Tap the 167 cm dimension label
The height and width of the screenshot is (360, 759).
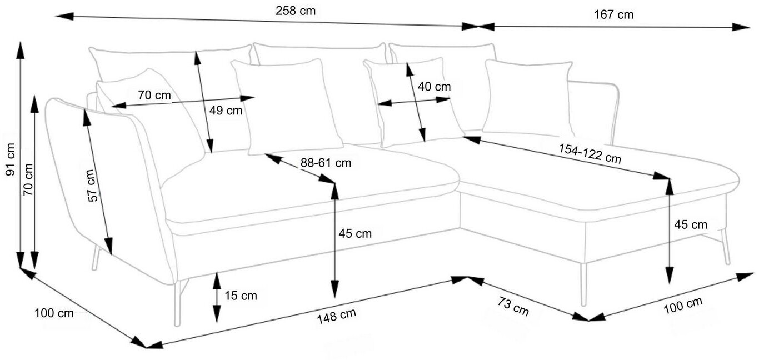pyautogui.click(x=613, y=15)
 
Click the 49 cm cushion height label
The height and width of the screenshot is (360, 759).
pyautogui.click(x=226, y=110)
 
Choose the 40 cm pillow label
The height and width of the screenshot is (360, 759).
pyautogui.click(x=434, y=87)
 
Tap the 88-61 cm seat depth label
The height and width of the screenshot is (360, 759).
pyautogui.click(x=326, y=163)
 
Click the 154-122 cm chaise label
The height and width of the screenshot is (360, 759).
pyautogui.click(x=590, y=154)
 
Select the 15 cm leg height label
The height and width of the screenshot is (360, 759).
pyautogui.click(x=241, y=296)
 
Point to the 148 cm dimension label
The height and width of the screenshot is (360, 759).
pyautogui.click(x=336, y=316)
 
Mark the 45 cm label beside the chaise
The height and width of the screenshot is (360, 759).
pyautogui.click(x=691, y=224)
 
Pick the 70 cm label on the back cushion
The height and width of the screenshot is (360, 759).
pyautogui.click(x=154, y=95)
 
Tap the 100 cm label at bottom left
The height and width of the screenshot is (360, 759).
pyautogui.click(x=53, y=313)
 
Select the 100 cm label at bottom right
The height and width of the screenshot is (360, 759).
pyautogui.click(x=682, y=305)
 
